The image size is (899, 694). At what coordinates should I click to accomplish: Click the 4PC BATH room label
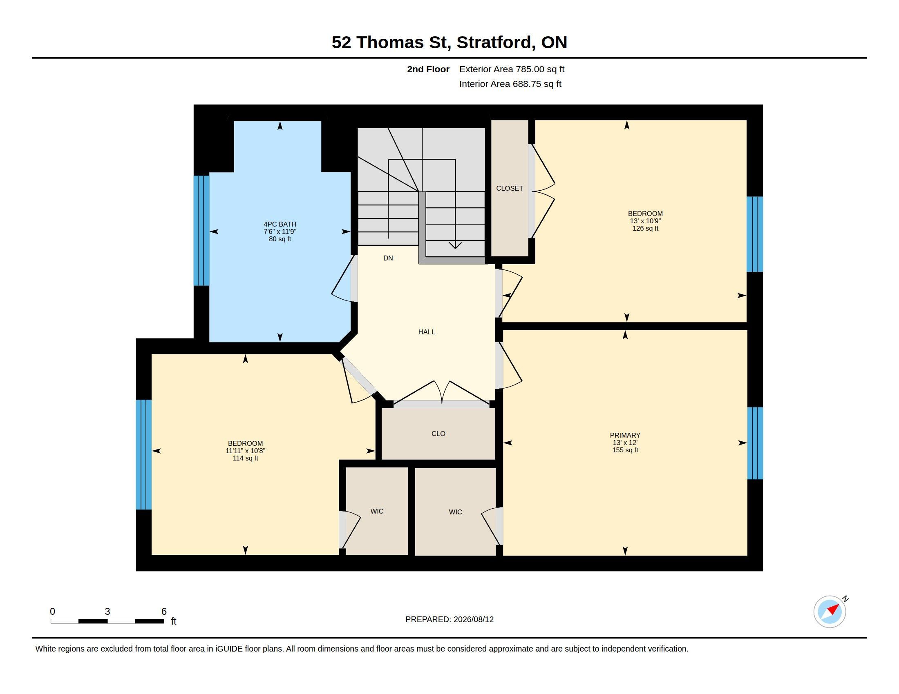[x=280, y=224]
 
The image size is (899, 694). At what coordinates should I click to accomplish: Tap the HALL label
[x=427, y=332]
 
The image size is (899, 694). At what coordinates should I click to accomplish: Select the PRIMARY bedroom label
[x=625, y=435]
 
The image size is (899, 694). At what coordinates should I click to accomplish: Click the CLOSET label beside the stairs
[x=510, y=188]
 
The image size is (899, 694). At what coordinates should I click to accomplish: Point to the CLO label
[x=438, y=433]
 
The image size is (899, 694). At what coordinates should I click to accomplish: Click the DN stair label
[x=388, y=258]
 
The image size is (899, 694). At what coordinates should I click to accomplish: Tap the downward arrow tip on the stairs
[x=455, y=248]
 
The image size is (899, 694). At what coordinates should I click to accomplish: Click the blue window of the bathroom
[x=201, y=231]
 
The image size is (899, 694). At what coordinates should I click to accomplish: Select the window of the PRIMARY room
[x=755, y=443]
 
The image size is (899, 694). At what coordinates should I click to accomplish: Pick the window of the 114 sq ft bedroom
[x=144, y=455]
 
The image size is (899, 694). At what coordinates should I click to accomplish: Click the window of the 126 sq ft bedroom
[x=754, y=234]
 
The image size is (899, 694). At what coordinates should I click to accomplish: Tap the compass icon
[x=830, y=612]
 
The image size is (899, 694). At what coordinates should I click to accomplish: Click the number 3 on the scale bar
[x=107, y=612]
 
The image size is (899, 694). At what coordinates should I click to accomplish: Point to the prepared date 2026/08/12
[x=473, y=619]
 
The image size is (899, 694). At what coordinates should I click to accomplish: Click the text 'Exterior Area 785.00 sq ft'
[x=512, y=69]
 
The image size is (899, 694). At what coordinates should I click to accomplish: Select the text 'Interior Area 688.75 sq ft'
[x=510, y=84]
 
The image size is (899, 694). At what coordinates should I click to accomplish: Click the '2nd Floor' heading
[x=428, y=69]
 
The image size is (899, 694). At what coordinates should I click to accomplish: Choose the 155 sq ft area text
[x=625, y=450]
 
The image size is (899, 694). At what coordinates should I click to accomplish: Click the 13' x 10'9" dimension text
[x=645, y=221]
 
